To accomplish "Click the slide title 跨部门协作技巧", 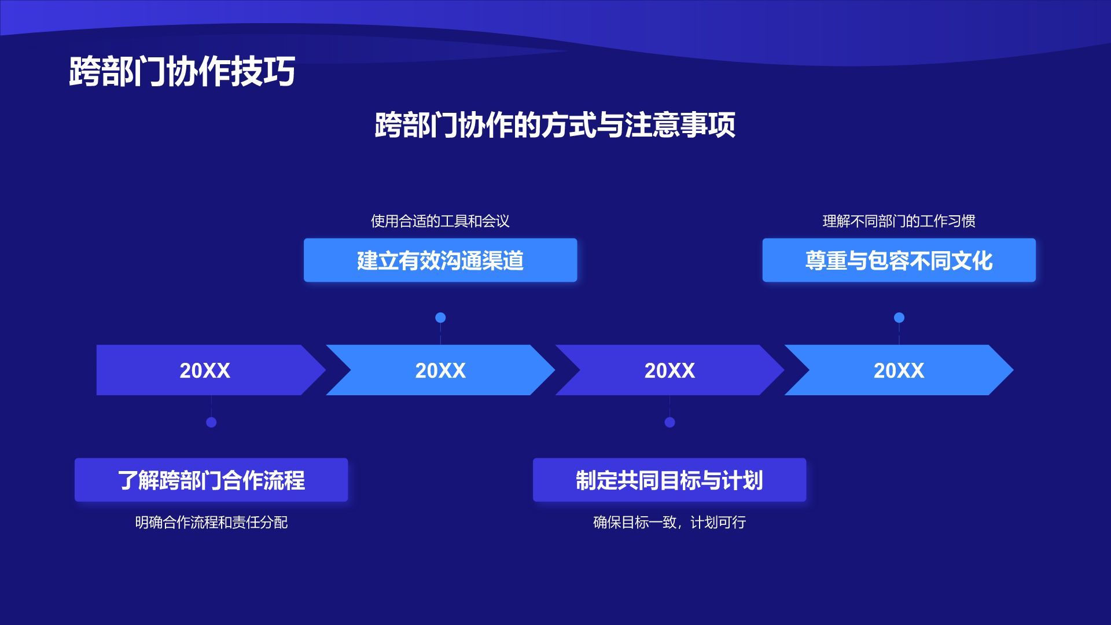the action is (182, 71).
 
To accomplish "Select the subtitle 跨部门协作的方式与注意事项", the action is (555, 124).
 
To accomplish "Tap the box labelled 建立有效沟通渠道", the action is (440, 260).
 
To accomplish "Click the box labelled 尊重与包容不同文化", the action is (899, 260).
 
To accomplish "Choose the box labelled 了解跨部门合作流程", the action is (211, 480).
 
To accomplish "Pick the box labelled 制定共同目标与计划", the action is (669, 480).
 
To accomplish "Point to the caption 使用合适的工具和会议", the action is (440, 221).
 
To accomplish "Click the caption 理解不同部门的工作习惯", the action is (899, 221).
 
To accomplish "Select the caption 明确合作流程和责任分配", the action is (211, 523).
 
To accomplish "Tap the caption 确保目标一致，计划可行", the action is (669, 523).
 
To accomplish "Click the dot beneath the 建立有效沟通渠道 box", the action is (440, 318).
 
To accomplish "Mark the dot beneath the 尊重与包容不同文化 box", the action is (899, 318).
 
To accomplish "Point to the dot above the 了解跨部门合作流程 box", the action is (211, 422).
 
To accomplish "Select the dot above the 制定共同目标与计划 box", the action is (669, 422).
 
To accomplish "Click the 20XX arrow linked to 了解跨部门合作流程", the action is (205, 370).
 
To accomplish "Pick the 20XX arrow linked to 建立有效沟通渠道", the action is (440, 370).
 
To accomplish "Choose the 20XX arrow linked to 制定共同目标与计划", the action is (669, 370).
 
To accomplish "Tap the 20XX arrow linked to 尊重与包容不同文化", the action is (899, 370).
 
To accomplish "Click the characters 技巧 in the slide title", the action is (263, 71).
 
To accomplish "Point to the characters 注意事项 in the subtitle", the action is (680, 124).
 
